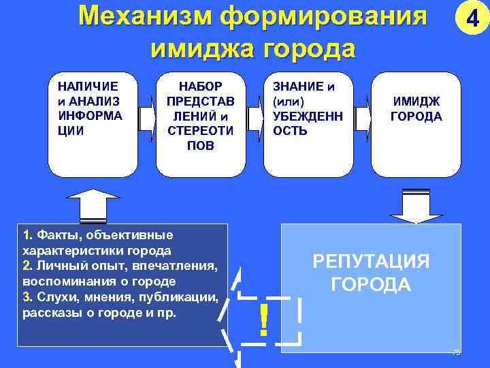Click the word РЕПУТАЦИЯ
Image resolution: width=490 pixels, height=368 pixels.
(x=370, y=262)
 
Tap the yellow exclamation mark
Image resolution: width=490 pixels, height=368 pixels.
(x=263, y=320)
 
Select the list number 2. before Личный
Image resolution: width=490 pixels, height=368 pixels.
(x=27, y=266)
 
